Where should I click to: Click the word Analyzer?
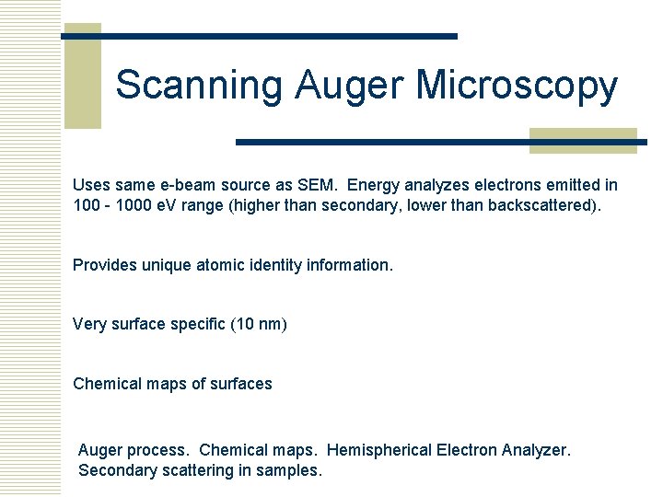coord(537,450)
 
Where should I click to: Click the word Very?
coord(90,324)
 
